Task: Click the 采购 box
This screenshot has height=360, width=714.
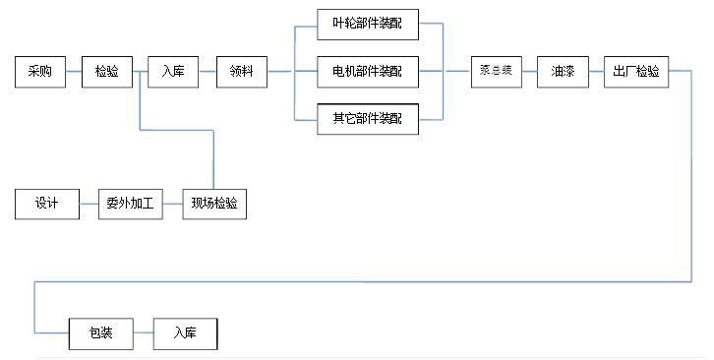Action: click(x=40, y=72)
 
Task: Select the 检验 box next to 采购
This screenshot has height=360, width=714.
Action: click(x=107, y=72)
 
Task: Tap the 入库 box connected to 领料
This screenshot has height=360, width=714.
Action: click(x=173, y=72)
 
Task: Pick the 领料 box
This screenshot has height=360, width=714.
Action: click(x=242, y=72)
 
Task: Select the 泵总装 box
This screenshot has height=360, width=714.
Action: click(x=496, y=72)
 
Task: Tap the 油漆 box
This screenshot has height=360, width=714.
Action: click(x=564, y=72)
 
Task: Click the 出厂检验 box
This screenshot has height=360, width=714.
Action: click(x=636, y=72)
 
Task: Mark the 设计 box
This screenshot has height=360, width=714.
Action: click(x=47, y=204)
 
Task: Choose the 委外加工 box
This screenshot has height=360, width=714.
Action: click(x=130, y=204)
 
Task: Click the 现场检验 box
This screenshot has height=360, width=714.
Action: click(x=214, y=204)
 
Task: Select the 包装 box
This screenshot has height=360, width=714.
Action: click(x=100, y=333)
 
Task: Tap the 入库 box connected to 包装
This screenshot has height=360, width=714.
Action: click(x=184, y=333)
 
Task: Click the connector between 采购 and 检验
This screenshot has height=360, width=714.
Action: click(x=74, y=72)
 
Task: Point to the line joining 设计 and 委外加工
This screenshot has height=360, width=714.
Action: click(x=89, y=204)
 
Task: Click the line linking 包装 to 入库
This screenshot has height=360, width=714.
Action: click(x=143, y=333)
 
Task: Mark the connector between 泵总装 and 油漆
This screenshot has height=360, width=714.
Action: click(x=529, y=72)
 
